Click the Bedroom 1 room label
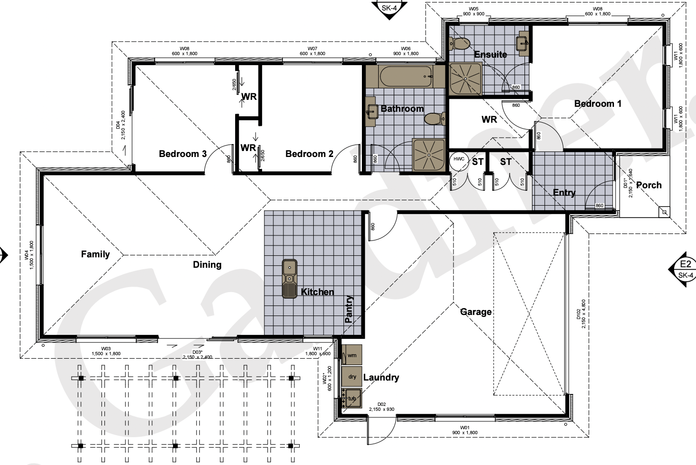[598, 103]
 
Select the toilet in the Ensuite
[460, 44]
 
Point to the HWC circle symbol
[458, 160]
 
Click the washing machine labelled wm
[352, 355]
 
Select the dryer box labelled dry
[352, 377]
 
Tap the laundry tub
[352, 398]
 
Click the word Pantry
[349, 309]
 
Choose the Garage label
[476, 312]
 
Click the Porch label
[649, 185]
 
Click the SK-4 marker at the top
[390, 8]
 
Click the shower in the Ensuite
[466, 78]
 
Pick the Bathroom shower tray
[429, 155]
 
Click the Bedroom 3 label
[182, 154]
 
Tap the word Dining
[207, 264]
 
